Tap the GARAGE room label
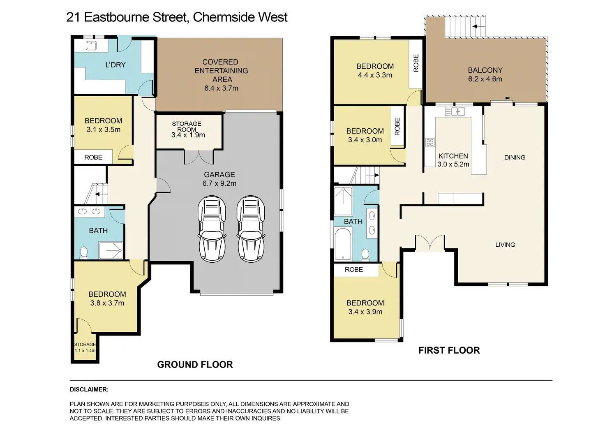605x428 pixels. [219, 175]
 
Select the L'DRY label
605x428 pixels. [115, 65]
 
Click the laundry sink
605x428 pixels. [91, 45]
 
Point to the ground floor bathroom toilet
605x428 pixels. [84, 252]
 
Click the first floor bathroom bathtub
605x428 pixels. [343, 244]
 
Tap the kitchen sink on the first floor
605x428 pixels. [455, 111]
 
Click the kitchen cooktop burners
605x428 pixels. [430, 143]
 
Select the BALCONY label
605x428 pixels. [485, 70]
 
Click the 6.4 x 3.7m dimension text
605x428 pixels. [221, 88]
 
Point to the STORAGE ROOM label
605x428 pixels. [187, 126]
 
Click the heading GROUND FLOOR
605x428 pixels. [195, 365]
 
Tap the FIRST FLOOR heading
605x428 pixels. [449, 350]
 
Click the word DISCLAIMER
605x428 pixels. [89, 389]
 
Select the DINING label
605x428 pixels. [515, 157]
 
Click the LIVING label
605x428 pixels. [505, 245]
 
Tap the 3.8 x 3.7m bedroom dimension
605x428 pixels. [107, 303]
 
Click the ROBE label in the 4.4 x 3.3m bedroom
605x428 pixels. [416, 63]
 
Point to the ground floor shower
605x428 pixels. [111, 250]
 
